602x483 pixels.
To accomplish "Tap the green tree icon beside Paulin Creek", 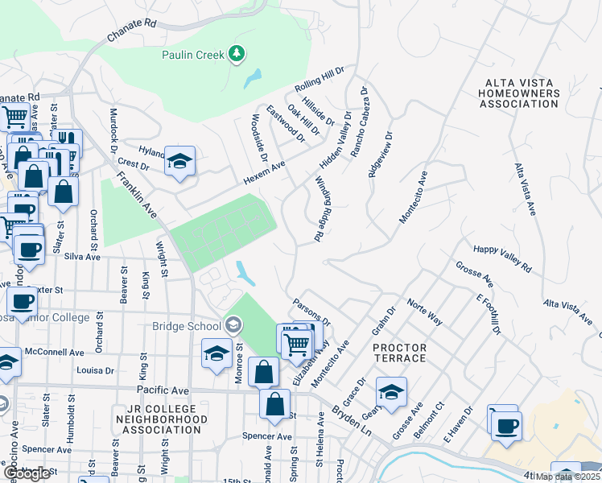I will tap(236, 54).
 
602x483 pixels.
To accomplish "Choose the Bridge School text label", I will tap(186, 326).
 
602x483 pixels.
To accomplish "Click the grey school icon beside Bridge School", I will tap(233, 325).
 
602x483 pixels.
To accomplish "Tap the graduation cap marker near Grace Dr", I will tap(391, 392).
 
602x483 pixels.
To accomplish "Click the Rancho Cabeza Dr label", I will tap(357, 122).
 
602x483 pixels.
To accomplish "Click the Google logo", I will tap(26, 474).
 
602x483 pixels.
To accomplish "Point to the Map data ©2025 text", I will tap(567, 477).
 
